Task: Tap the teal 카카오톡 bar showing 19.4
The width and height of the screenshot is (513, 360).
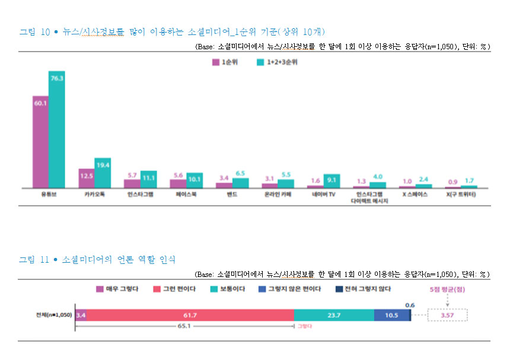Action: [103, 173]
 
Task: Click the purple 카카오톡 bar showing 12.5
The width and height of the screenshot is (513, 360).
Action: [87, 178]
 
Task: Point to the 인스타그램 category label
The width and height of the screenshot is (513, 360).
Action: [140, 195]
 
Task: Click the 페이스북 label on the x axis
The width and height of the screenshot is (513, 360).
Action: [186, 195]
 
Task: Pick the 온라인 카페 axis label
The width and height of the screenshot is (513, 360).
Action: [278, 195]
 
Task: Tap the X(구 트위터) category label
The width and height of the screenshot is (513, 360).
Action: [461, 195]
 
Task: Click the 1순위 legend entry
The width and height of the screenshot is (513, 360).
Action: [228, 61]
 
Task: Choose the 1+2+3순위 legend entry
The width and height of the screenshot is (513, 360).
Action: [277, 61]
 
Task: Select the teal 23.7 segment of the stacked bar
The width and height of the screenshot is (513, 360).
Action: [333, 315]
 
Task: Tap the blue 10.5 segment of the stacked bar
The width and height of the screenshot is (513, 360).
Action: [391, 315]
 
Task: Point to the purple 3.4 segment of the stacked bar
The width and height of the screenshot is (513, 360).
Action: [81, 315]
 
